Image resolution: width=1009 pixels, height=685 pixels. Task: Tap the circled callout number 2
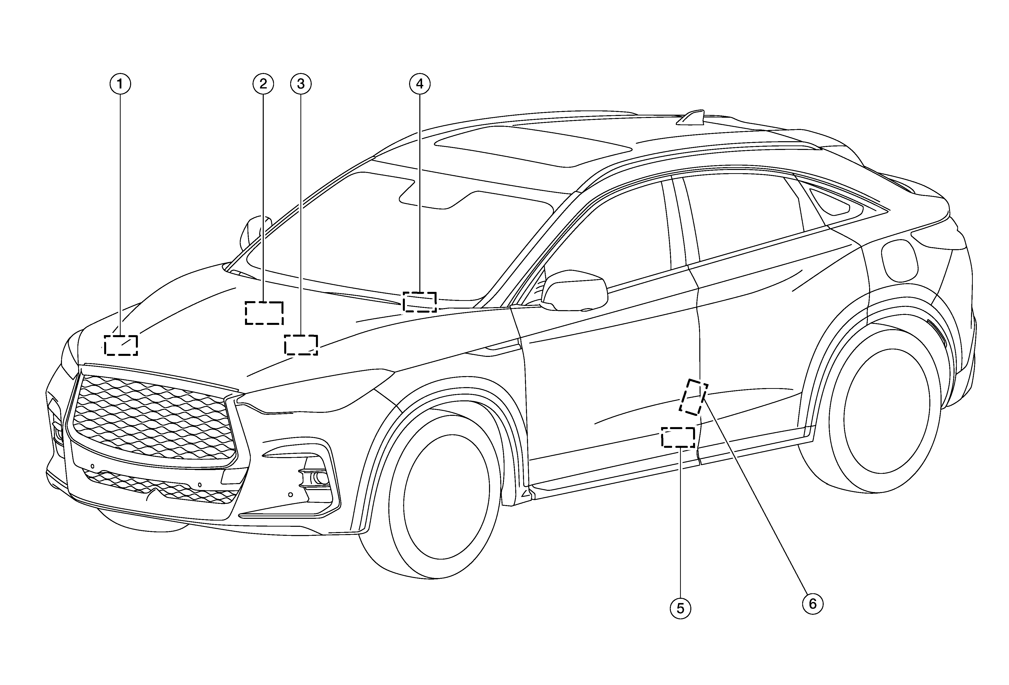(x=263, y=84)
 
